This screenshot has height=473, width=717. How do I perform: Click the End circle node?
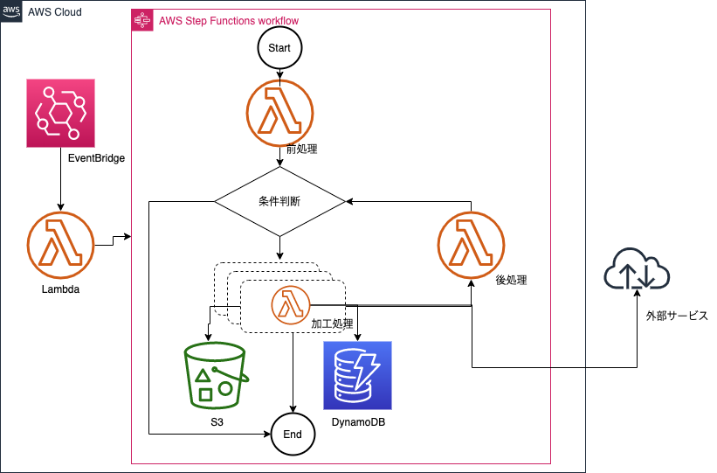click(x=293, y=434)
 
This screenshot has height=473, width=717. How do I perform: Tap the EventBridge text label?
click(x=96, y=158)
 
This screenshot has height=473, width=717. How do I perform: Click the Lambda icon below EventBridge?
click(x=59, y=243)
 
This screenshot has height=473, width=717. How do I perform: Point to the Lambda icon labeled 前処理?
click(x=279, y=115)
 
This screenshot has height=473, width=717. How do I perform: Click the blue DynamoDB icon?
click(x=358, y=376)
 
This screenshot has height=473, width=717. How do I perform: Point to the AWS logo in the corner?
click(x=11, y=10)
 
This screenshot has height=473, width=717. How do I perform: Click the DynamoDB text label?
click(x=358, y=422)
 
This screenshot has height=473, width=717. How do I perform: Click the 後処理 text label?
click(x=511, y=281)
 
